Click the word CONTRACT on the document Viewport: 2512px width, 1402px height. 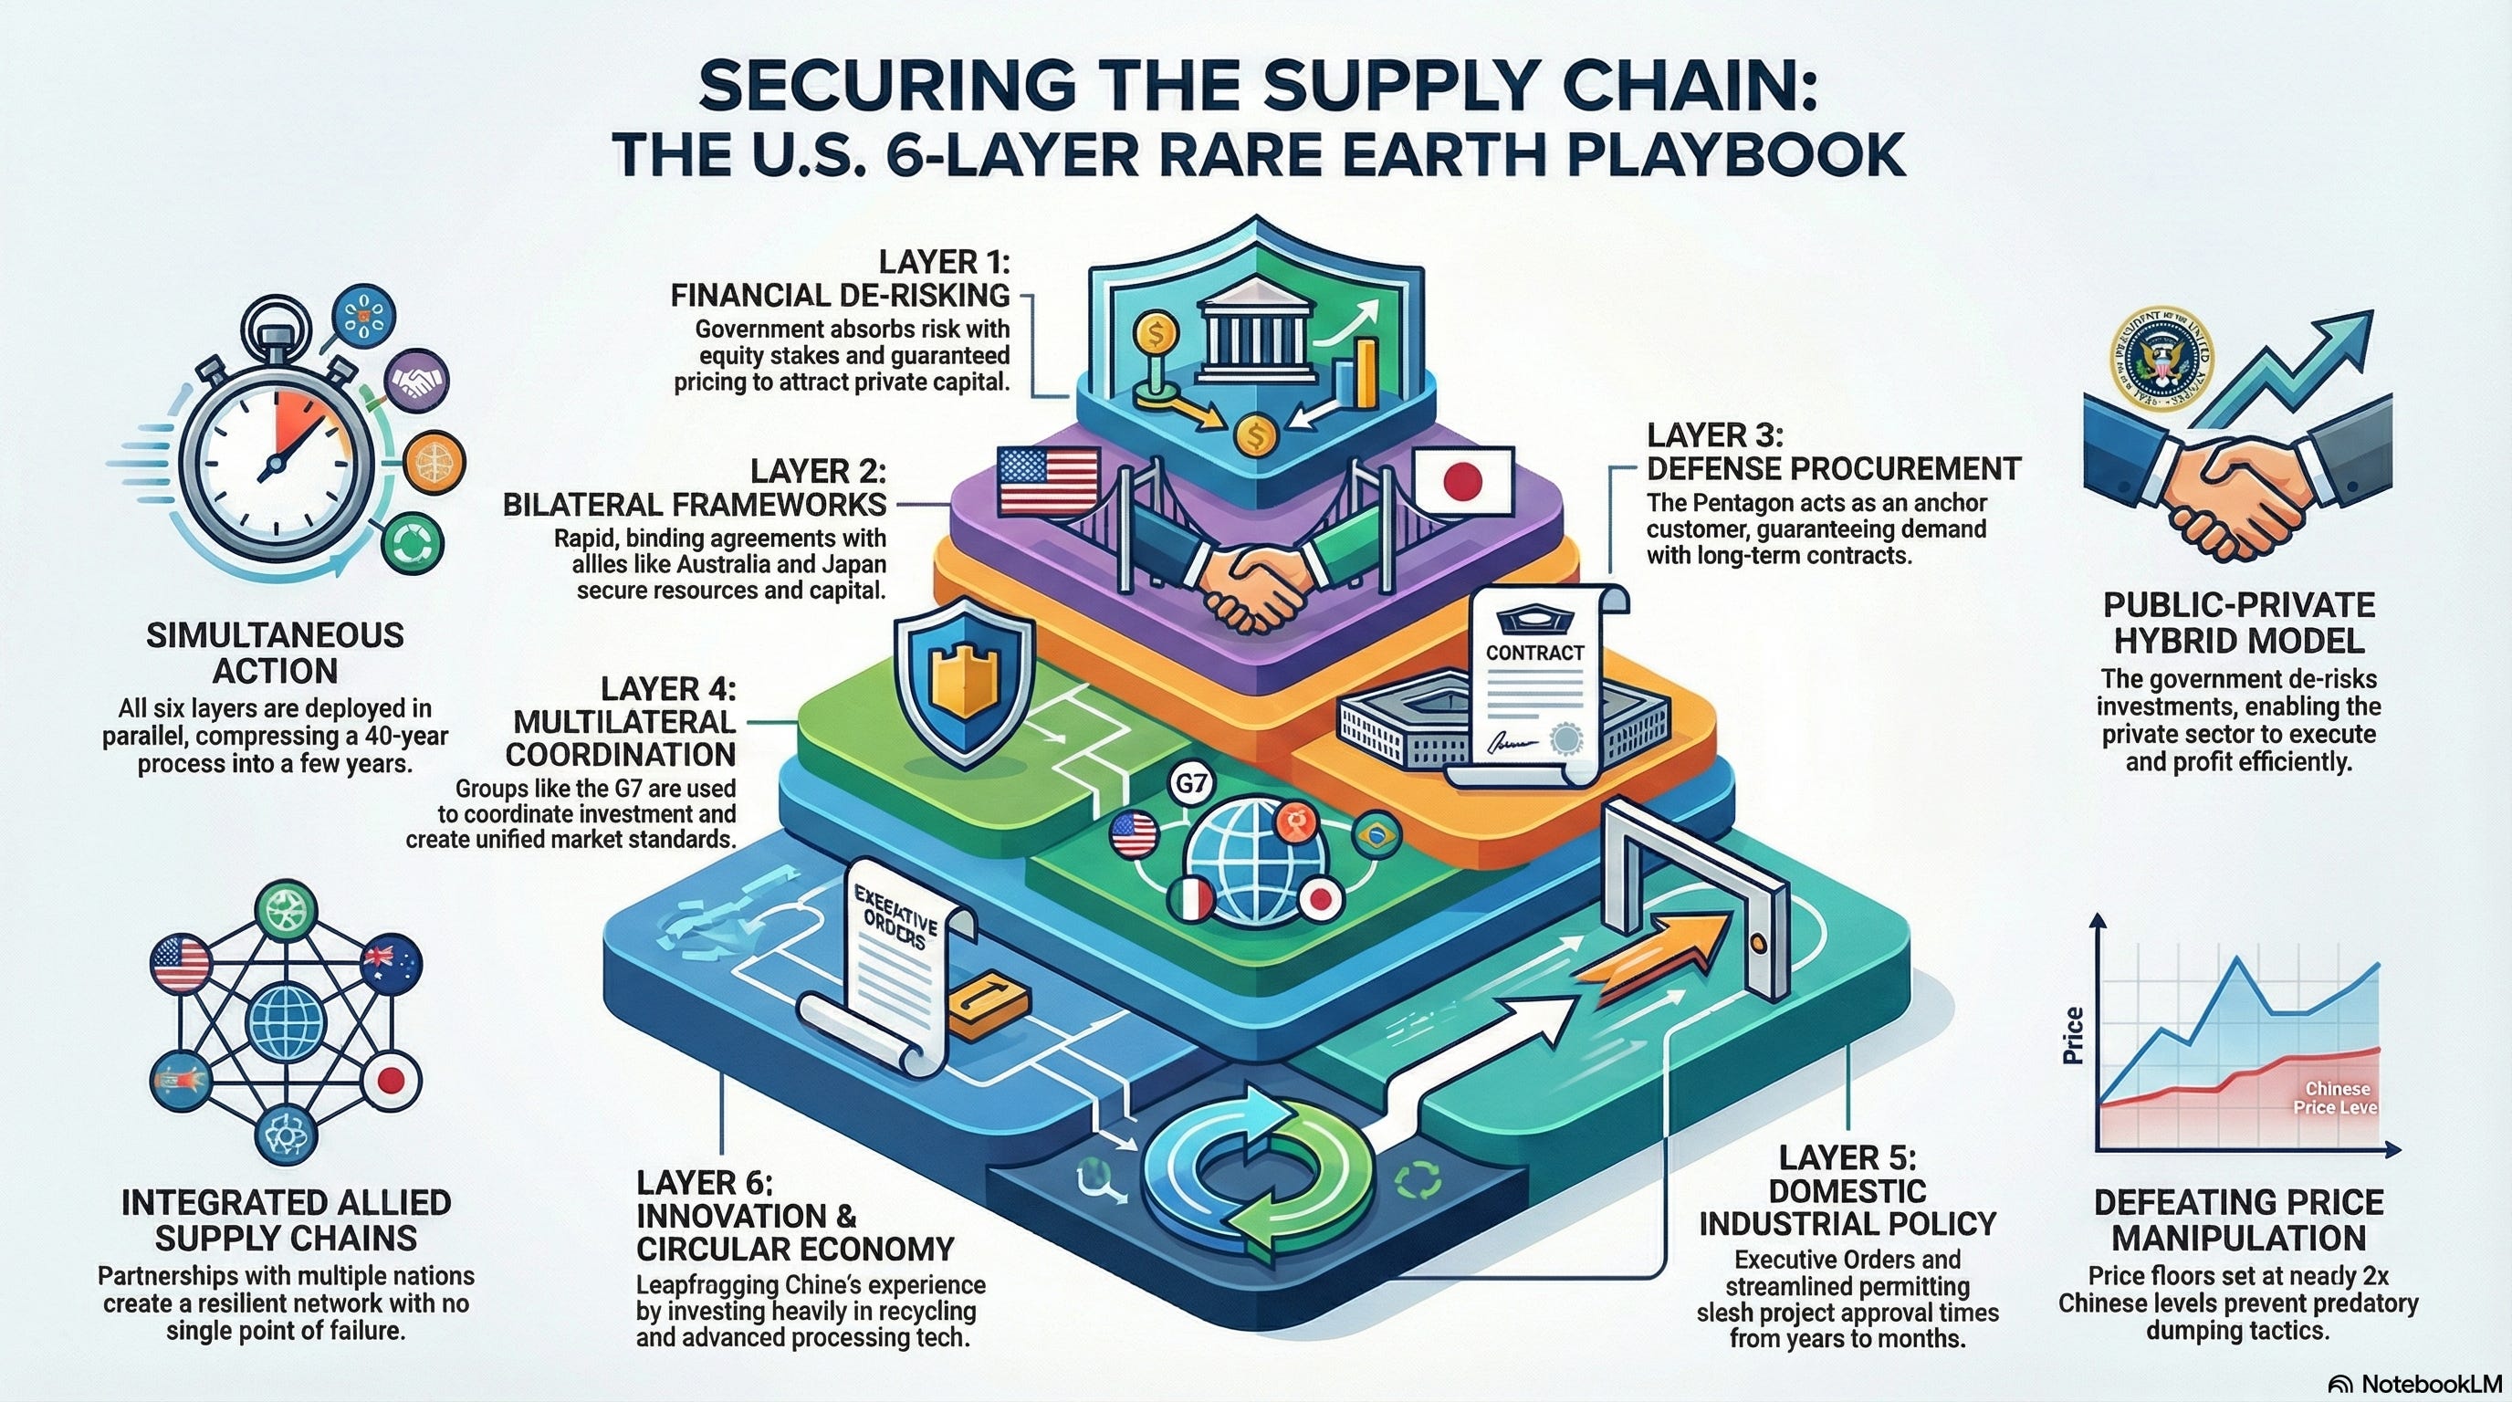(1533, 653)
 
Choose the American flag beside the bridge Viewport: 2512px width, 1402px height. (1048, 481)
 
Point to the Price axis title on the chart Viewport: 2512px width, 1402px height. (2071, 1035)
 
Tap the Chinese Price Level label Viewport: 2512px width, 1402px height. (2338, 1098)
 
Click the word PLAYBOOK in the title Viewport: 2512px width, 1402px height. (1716, 153)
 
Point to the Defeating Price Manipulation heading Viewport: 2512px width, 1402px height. (2238, 1219)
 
